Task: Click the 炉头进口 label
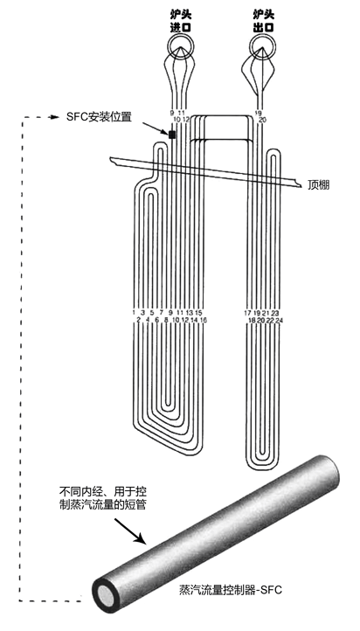180,21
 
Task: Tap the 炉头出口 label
264,21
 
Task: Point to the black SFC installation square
172,135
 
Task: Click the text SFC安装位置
99,117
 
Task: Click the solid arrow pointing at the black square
156,128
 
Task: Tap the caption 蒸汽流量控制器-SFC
231,590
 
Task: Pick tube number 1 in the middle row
134,313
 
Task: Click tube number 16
203,320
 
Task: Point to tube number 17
248,313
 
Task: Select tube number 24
280,320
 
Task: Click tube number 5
152,313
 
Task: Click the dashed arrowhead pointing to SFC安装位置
53,117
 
